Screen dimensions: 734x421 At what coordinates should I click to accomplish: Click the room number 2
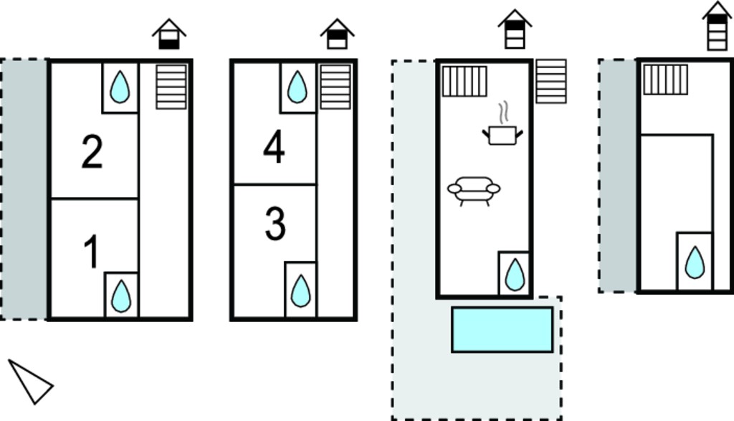coord(92,151)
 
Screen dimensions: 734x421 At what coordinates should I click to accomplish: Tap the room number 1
coord(92,252)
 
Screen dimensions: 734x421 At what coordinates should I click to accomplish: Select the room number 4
coord(274,146)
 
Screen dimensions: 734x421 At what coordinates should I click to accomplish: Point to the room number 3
coord(275,224)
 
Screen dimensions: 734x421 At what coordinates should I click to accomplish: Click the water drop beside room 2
coord(120,87)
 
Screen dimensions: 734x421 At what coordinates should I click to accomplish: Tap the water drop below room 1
coord(121,296)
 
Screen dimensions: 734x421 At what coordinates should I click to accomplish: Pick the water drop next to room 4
coord(297,87)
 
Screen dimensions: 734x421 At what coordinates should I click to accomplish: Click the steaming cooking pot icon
coord(502,123)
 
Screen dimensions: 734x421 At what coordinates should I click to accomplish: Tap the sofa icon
coord(474,191)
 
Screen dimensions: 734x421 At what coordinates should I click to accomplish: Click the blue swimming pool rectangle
coord(502,330)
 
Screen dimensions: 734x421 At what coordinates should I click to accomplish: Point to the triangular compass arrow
coord(30,382)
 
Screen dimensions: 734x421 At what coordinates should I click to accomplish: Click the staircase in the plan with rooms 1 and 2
coord(171,87)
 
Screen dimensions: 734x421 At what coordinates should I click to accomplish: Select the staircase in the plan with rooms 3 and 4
coord(335,87)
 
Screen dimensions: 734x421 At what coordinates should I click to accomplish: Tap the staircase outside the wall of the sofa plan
coord(551,81)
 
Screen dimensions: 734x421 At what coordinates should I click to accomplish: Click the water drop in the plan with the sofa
coord(515,275)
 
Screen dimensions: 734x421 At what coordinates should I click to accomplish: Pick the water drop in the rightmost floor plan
coord(695,262)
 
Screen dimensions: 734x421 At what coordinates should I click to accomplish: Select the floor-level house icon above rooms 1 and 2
coord(169,34)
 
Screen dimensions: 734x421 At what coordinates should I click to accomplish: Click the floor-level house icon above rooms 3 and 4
coord(337,34)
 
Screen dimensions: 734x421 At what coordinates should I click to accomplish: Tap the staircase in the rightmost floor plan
coord(665,80)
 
